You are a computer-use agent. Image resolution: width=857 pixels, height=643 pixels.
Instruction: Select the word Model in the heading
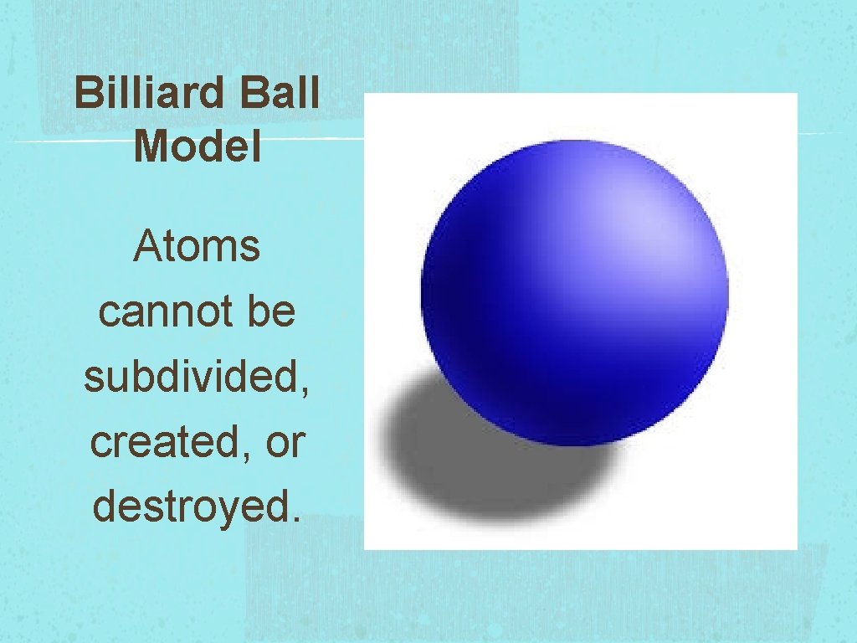coord(198,147)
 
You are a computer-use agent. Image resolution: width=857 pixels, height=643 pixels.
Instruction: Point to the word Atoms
coord(197,247)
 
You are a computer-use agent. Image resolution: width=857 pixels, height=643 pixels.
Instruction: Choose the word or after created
coord(284,444)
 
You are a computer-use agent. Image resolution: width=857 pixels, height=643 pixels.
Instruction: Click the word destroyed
coord(192,507)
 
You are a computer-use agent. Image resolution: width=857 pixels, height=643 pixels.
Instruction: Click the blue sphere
coord(574,293)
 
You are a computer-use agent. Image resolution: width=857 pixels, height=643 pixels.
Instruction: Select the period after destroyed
coord(292,518)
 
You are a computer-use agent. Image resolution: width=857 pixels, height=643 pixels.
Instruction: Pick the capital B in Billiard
coord(87,95)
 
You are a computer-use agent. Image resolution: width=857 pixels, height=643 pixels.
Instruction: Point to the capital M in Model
coord(148,147)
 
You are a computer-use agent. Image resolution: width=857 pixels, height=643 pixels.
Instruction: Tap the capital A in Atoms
coord(146,247)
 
